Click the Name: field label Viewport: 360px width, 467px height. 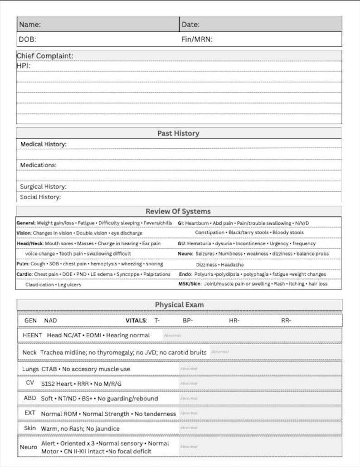point(29,24)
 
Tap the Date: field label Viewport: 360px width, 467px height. point(190,24)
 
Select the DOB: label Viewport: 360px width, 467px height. point(27,39)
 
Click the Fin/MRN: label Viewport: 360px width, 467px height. point(197,39)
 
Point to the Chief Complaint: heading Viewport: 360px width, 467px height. point(45,56)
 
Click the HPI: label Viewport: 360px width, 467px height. point(23,65)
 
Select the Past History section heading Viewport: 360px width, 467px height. point(178,133)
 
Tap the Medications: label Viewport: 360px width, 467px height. point(38,165)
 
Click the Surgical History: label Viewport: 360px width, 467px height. point(43,186)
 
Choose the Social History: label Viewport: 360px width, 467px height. point(40,197)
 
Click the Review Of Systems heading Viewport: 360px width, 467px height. point(178,211)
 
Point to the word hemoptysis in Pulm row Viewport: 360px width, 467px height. point(103,264)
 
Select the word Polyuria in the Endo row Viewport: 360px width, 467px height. point(204,274)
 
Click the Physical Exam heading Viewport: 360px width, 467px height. point(179,305)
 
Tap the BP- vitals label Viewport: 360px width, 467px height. point(188,321)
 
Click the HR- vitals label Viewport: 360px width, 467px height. point(234,321)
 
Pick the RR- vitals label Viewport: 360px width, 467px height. point(286,321)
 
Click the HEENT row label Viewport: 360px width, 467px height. point(32,335)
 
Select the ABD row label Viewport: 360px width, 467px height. point(30,398)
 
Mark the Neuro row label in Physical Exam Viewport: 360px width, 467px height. point(28,447)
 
